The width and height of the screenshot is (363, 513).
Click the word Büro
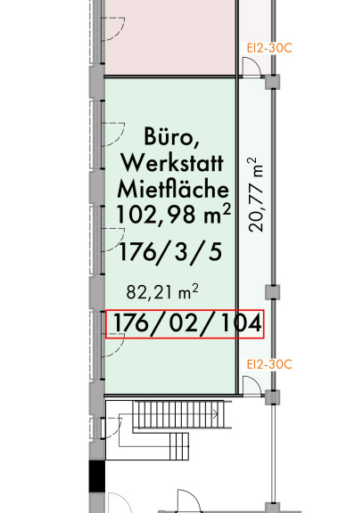172,136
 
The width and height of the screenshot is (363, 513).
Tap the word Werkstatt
172,162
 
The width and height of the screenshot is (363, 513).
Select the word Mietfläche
173,189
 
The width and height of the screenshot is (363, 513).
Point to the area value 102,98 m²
174,214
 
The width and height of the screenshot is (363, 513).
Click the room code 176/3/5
170,252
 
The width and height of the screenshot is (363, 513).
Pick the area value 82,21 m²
162,292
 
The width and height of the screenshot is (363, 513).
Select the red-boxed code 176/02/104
187,323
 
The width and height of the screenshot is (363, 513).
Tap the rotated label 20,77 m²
256,195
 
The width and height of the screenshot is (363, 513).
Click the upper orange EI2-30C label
269,48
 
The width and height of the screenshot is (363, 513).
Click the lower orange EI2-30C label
269,364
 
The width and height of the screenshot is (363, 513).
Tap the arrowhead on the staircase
216,414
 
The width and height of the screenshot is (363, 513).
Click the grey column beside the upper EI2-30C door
273,82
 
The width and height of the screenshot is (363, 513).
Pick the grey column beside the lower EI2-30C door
273,397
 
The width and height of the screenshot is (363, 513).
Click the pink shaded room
170,37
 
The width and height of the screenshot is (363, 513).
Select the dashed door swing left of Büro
113,134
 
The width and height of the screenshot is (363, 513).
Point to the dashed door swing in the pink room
113,29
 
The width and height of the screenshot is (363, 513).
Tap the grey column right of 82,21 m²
273,292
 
